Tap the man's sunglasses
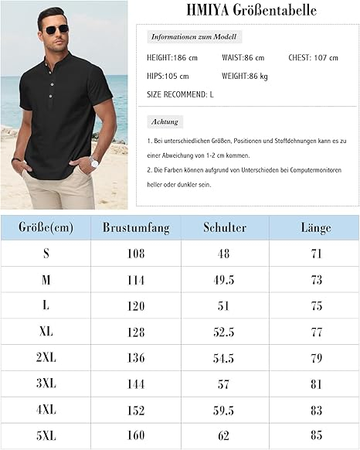pyautogui.click(x=56, y=29)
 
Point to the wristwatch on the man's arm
pyautogui.click(x=94, y=162)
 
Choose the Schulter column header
pyautogui.click(x=225, y=227)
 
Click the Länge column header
pyautogui.click(x=315, y=227)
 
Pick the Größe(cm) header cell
pyautogui.click(x=46, y=227)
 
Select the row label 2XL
pyautogui.click(x=46, y=358)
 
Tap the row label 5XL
pyautogui.click(x=46, y=436)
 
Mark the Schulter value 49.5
pyautogui.click(x=225, y=279)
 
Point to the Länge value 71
pyautogui.click(x=315, y=253)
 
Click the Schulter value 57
pyautogui.click(x=225, y=384)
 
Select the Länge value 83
pyautogui.click(x=315, y=411)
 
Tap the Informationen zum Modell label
pyautogui.click(x=194, y=36)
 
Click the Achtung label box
pyautogui.click(x=165, y=121)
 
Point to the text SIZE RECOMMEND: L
pyautogui.click(x=180, y=94)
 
